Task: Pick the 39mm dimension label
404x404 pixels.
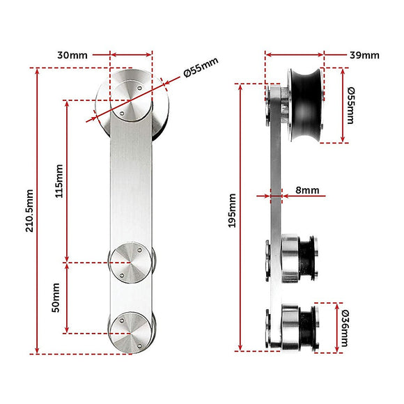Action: click(365, 54)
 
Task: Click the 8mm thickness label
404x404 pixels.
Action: click(306, 189)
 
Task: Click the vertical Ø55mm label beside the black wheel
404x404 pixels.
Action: click(350, 105)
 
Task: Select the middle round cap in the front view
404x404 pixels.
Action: click(131, 262)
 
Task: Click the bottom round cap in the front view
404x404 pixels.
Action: click(131, 329)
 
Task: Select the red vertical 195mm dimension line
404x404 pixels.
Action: click(240, 279)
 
